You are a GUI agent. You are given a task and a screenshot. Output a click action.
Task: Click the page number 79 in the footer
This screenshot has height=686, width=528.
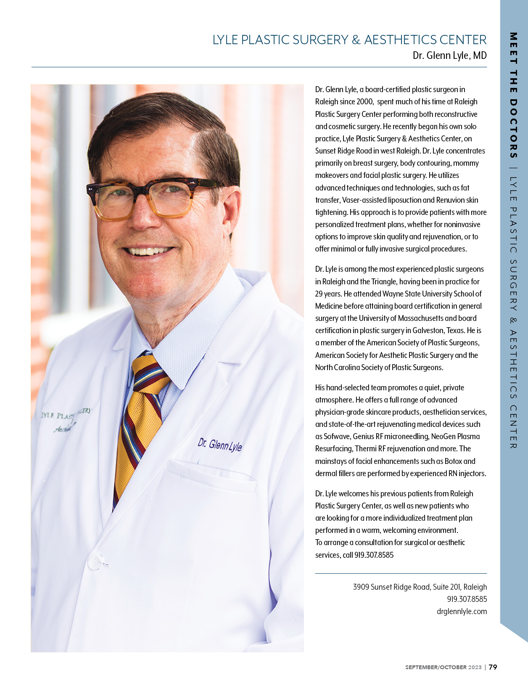(493, 667)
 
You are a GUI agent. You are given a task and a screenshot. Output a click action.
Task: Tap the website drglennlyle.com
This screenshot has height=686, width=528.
(462, 612)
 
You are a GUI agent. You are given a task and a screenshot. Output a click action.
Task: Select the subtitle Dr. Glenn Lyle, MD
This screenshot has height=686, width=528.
(449, 56)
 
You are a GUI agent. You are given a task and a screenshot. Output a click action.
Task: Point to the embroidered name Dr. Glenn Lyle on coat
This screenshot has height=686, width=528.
(219, 445)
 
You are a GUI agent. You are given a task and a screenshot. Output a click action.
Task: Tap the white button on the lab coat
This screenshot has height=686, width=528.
(95, 562)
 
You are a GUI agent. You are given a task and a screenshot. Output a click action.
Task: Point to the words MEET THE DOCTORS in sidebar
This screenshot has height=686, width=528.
(513, 95)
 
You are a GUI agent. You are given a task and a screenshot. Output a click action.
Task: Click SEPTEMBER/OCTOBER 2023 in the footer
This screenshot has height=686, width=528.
(443, 667)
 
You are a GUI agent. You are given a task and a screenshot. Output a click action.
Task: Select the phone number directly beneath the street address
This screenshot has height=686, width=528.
(467, 599)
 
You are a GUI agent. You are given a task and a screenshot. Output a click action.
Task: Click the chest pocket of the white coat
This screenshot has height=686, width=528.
(210, 479)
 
